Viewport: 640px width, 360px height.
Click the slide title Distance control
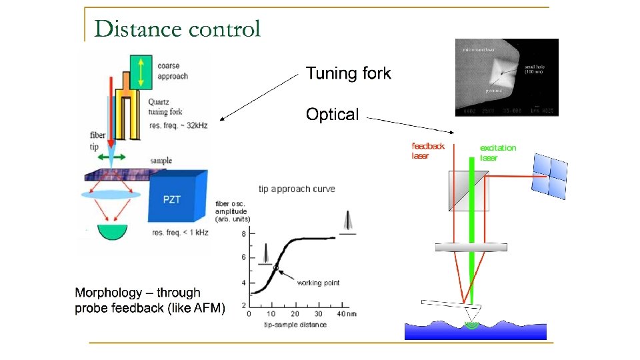[x=177, y=29]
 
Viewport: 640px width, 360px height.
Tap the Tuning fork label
[x=348, y=73]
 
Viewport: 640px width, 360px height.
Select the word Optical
[x=332, y=115]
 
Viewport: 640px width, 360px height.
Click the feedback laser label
[x=427, y=151]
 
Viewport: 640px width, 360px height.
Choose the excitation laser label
[x=498, y=153]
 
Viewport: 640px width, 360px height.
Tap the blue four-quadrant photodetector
[x=550, y=176]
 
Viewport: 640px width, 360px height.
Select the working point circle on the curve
[x=275, y=267]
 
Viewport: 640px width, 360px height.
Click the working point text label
[x=318, y=283]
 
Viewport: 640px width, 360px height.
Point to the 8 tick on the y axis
[x=243, y=234]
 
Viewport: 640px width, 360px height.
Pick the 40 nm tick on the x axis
[x=343, y=313]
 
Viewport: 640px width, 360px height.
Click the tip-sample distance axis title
[x=295, y=325]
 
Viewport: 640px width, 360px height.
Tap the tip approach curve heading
[x=297, y=189]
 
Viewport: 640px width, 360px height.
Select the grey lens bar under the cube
[x=471, y=247]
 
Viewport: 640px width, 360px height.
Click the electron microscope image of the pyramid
[x=507, y=77]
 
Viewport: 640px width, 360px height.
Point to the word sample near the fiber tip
[x=161, y=161]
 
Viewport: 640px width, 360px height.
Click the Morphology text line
[x=137, y=292]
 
